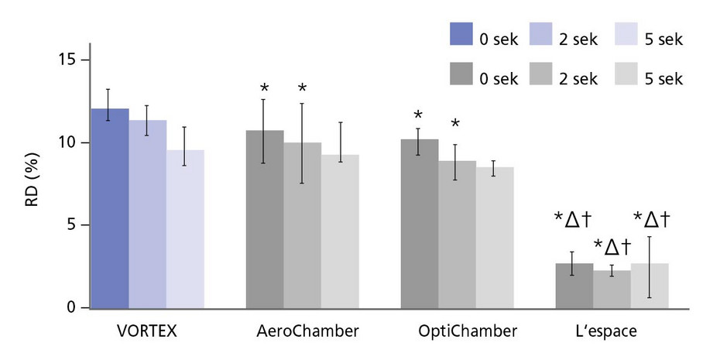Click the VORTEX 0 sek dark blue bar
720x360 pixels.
[110, 209]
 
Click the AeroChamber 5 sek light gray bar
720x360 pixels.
[340, 231]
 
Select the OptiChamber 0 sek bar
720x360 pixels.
[419, 224]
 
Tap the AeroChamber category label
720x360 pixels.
[307, 331]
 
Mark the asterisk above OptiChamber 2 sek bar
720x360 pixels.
[455, 124]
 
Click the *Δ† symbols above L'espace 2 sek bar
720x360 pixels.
[612, 247]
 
